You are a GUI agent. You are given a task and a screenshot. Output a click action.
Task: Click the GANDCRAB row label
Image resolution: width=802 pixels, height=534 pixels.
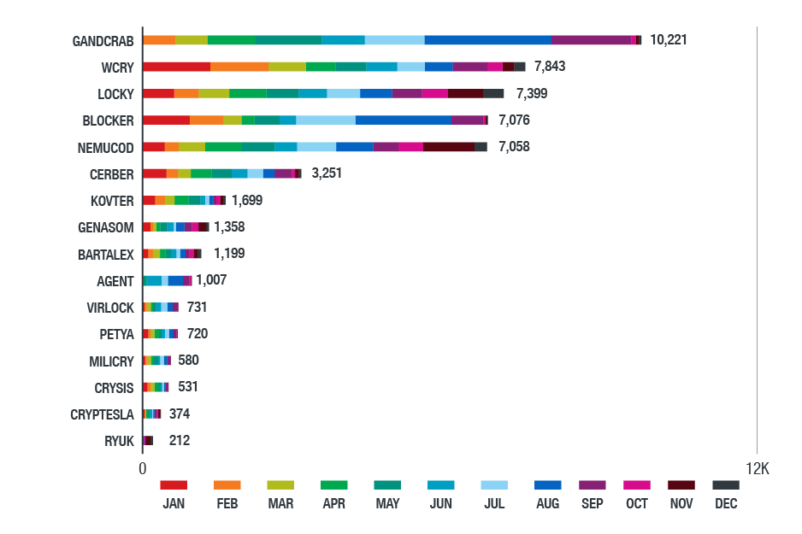103,40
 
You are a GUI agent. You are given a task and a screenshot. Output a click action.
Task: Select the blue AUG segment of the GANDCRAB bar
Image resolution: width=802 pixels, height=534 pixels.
487,40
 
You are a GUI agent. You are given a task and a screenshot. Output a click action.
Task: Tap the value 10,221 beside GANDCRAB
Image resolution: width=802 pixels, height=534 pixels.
669,39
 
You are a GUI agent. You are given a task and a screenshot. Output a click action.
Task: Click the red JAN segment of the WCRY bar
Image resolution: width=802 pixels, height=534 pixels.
176,67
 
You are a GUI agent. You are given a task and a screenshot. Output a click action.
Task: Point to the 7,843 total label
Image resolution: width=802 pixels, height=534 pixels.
550,67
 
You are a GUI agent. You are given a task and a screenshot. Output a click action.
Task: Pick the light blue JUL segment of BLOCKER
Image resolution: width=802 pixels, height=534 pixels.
326,120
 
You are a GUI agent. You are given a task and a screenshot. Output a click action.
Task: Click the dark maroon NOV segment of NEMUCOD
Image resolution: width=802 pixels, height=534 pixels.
449,147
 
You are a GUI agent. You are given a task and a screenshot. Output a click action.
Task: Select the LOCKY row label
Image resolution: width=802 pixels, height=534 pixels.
115,94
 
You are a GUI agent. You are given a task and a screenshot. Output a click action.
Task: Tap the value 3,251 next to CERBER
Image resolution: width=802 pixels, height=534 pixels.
329,173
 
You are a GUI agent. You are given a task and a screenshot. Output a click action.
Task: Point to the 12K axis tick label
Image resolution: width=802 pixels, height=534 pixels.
757,469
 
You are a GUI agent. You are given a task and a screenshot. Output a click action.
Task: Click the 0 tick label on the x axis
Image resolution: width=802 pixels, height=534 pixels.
143,469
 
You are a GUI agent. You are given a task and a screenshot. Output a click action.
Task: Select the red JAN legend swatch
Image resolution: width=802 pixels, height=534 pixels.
174,484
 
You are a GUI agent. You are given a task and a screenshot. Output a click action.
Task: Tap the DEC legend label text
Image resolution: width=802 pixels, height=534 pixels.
726,504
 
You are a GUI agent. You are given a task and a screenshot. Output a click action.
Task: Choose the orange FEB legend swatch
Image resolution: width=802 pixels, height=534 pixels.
227,484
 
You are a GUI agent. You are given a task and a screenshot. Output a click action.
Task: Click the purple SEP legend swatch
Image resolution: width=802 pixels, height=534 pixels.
593,484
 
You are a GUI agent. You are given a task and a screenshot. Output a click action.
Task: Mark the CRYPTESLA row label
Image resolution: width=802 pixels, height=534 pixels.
103,414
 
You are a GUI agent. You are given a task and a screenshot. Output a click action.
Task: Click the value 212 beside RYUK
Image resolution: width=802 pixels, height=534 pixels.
180,441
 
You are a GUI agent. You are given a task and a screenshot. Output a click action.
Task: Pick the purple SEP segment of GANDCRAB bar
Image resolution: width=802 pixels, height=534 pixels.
591,40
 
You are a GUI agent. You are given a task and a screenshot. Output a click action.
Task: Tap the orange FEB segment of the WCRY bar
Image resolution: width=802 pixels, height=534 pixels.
239,67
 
